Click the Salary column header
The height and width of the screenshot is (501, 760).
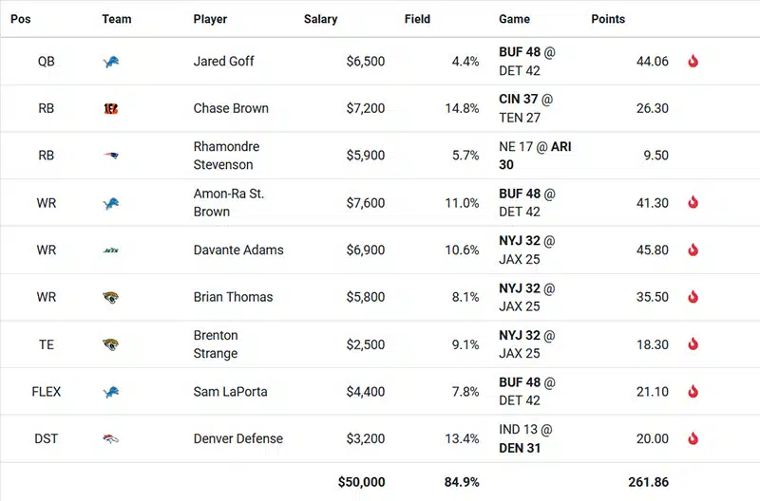[x=320, y=19]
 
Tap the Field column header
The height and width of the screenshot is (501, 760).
[x=417, y=19]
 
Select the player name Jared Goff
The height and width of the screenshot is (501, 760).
[x=223, y=61]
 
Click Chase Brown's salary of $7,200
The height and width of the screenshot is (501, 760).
[x=366, y=108]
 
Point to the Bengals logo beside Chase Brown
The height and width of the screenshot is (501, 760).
[x=112, y=108]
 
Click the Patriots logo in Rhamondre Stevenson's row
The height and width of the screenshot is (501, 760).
[x=112, y=156]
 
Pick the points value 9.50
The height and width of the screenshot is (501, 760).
[x=655, y=156]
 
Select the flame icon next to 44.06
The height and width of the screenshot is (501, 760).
[x=693, y=62]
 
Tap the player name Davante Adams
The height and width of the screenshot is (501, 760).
[x=238, y=250]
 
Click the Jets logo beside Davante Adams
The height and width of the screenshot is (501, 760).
[x=112, y=250]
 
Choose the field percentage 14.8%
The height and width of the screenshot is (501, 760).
[x=462, y=108]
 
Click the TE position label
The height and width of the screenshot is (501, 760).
[x=47, y=344]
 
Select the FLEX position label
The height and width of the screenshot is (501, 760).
[x=47, y=392]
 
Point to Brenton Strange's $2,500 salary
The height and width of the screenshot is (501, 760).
[x=366, y=344]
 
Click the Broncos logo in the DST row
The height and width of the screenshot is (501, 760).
[x=112, y=439]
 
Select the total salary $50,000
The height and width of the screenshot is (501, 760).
[x=361, y=482]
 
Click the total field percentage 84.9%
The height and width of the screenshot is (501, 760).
[x=461, y=482]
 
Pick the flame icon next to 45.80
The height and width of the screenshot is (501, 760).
[x=693, y=250]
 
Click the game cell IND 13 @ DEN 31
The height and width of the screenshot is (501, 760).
[x=525, y=438]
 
